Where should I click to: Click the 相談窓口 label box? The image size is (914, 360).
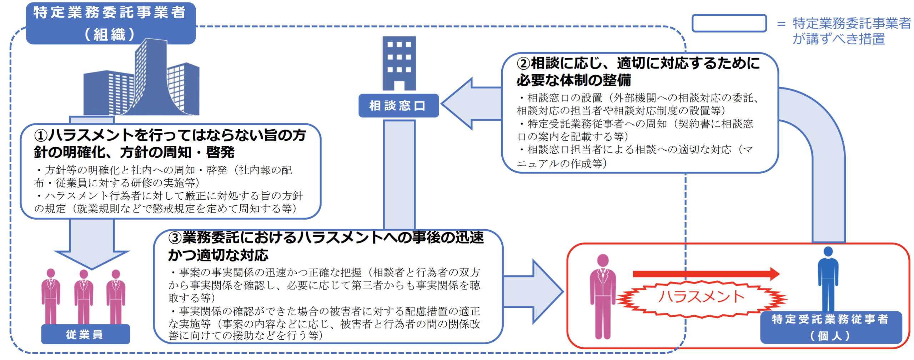398,106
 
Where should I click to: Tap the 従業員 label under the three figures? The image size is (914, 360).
85,334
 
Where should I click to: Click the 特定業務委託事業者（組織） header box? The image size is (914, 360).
110,23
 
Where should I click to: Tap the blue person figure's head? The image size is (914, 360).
828,252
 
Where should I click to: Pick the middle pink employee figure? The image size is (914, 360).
84,296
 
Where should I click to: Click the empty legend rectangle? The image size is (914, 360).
729,24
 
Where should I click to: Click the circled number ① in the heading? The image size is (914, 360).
41,136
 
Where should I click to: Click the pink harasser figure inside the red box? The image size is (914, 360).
603,296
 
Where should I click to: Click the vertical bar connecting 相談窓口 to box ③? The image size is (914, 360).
399,175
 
